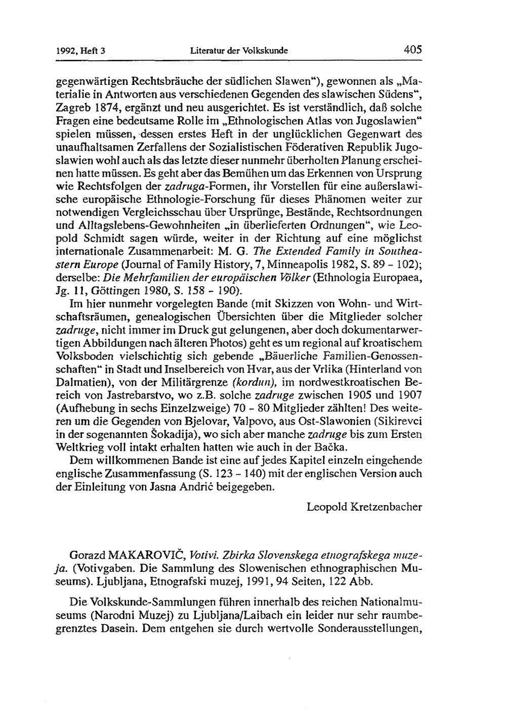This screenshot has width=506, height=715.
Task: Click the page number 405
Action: [412, 50]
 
